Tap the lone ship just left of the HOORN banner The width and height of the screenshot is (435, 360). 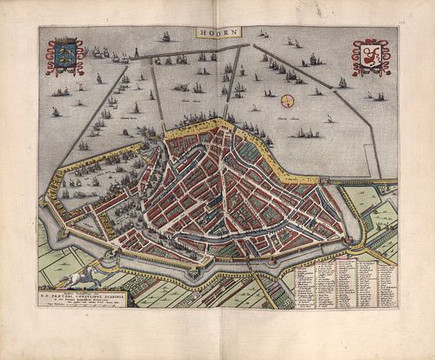coord(164,37)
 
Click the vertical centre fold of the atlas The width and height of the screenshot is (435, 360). coord(218,174)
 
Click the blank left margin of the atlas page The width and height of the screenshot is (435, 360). coord(17,174)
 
